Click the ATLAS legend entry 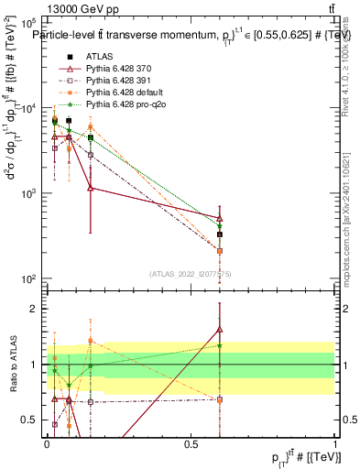(x=98, y=57)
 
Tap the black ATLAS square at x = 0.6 (x=220, y=234)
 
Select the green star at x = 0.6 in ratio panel (x=220, y=345)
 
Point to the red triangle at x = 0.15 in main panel (x=90, y=188)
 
